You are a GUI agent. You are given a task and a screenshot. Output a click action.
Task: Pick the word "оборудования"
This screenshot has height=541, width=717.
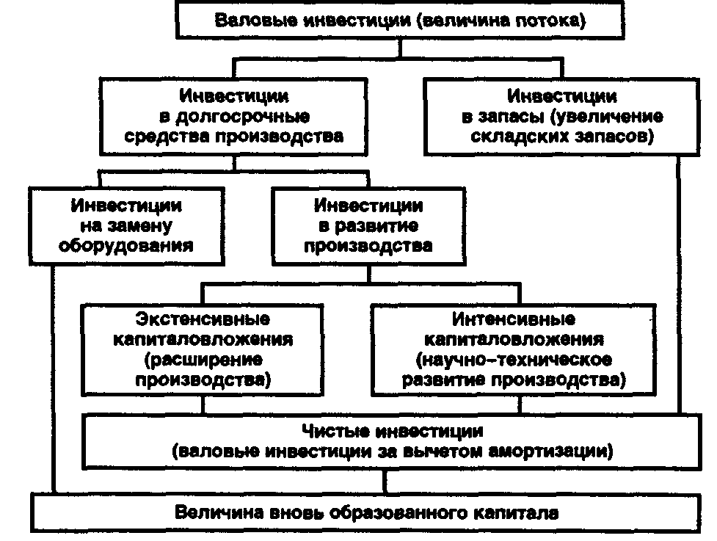pyautogui.click(x=126, y=246)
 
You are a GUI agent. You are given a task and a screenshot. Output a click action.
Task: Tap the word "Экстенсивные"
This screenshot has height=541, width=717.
pyautogui.click(x=203, y=319)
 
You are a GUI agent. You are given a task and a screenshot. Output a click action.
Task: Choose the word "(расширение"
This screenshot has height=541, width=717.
pyautogui.click(x=203, y=360)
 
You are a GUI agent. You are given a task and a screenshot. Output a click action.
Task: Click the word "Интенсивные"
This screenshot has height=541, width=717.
pyautogui.click(x=514, y=319)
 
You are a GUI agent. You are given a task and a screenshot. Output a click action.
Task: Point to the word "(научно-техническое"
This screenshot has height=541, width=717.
pyautogui.click(x=514, y=360)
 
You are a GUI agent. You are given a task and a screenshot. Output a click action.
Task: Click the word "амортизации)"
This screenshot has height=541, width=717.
pyautogui.click(x=550, y=451)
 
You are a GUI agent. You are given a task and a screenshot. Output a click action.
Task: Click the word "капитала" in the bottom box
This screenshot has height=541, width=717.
pyautogui.click(x=516, y=512)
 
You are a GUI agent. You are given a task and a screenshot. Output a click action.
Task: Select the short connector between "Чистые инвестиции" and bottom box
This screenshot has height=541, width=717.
pyautogui.click(x=385, y=482)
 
